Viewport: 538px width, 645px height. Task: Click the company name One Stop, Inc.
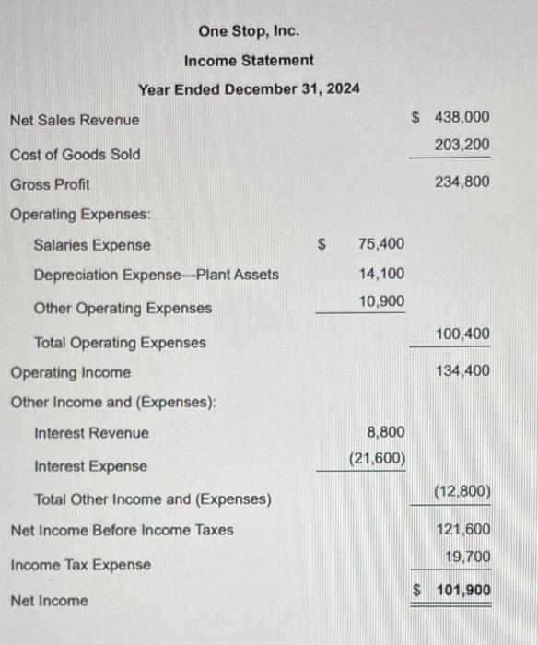(x=249, y=31)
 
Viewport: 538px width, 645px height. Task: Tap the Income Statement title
(x=249, y=60)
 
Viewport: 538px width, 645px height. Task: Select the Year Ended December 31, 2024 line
(x=249, y=89)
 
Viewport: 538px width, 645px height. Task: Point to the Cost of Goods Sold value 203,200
(x=462, y=145)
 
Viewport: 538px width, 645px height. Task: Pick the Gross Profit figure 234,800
(x=462, y=182)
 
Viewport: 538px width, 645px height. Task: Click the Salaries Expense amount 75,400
(x=380, y=244)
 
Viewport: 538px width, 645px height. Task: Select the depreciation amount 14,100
(x=380, y=274)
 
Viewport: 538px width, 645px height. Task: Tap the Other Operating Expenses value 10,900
(x=380, y=301)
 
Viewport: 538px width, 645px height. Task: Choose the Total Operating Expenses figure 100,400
(x=462, y=334)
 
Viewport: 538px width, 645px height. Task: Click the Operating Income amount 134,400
(x=462, y=371)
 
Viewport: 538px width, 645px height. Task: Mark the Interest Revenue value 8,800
(x=385, y=431)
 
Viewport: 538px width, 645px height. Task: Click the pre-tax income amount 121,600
(x=465, y=530)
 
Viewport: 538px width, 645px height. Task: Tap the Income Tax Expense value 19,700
(x=467, y=557)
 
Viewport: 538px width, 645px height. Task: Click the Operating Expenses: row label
(x=80, y=214)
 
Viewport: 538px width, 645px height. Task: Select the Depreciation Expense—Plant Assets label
(x=156, y=275)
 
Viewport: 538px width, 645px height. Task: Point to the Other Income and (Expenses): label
(x=112, y=403)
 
